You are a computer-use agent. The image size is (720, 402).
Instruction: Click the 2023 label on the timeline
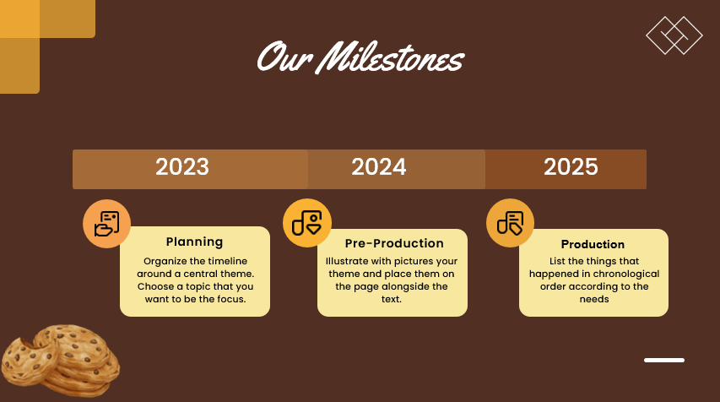pyautogui.click(x=182, y=167)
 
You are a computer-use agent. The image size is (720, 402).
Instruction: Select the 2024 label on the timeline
pyautogui.click(x=379, y=167)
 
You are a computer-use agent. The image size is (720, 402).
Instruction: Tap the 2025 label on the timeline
pyautogui.click(x=571, y=167)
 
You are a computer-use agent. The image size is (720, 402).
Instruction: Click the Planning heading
pyautogui.click(x=194, y=242)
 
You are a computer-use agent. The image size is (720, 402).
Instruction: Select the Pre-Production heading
pyautogui.click(x=394, y=243)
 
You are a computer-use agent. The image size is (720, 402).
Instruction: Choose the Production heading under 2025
pyautogui.click(x=593, y=245)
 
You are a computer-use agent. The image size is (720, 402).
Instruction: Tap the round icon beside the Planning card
pyautogui.click(x=106, y=224)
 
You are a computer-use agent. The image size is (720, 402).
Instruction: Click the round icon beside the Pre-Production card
pyautogui.click(x=306, y=224)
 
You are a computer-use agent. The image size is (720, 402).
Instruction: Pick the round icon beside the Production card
pyautogui.click(x=510, y=223)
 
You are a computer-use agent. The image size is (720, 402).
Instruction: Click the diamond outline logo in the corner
pyautogui.click(x=674, y=35)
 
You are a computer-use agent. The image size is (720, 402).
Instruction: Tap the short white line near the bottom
pyautogui.click(x=664, y=361)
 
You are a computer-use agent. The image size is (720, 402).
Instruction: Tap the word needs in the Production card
pyautogui.click(x=594, y=299)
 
